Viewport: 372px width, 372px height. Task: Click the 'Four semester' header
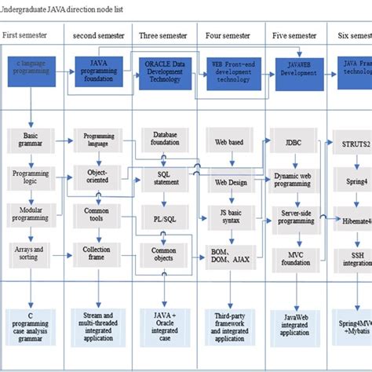tap(228, 35)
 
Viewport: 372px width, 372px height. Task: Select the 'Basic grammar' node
tap(29, 140)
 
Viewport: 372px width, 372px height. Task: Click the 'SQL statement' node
tap(165, 178)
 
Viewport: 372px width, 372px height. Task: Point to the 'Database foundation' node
tap(165, 140)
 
